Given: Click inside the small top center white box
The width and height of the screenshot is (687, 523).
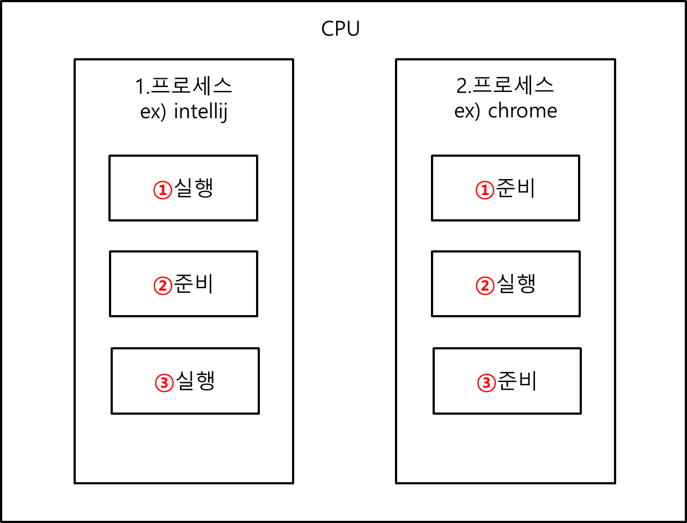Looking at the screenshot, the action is coord(341,28).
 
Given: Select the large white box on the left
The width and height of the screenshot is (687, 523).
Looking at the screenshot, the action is coord(184,98).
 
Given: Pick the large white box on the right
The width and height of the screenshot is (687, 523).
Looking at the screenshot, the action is coord(506,97).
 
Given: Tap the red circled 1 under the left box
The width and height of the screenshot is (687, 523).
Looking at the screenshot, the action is coord(163,190).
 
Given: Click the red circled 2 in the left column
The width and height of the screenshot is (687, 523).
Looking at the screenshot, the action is coord(163,286).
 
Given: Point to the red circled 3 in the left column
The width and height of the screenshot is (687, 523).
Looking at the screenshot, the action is coord(165,383).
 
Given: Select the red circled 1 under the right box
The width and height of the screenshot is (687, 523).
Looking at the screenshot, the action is coord(485,190).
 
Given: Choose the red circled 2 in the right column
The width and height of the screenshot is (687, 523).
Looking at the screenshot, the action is coord(485,286).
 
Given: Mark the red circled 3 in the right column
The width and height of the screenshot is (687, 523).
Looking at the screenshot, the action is coord(487,383).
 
